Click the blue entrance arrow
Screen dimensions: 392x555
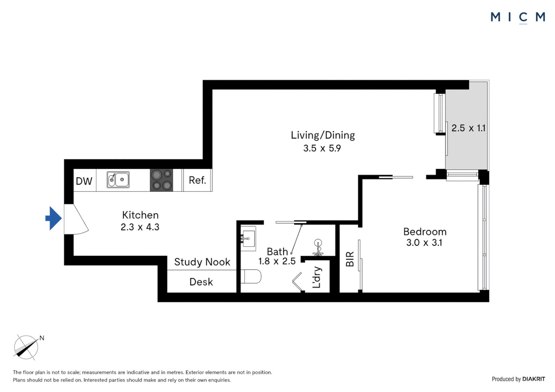[54, 218]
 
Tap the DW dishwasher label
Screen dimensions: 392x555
[84, 181]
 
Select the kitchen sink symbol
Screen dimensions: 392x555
[118, 180]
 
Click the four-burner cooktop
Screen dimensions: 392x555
[162, 180]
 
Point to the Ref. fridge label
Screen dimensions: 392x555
[197, 180]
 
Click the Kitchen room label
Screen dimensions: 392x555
[140, 215]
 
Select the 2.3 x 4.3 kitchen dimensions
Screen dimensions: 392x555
[140, 227]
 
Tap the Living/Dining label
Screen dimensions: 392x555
[323, 135]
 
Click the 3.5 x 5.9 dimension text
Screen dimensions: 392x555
[322, 148]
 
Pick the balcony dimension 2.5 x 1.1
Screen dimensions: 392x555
[468, 128]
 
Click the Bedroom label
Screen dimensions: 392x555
[425, 232]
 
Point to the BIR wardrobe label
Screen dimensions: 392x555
[350, 259]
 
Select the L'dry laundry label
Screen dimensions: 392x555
[317, 277]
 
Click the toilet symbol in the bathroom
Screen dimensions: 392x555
[252, 276]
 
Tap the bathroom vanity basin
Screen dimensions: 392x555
[248, 238]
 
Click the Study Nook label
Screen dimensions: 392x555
[202, 262]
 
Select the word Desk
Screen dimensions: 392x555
[201, 282]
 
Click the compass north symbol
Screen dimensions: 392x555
[26, 347]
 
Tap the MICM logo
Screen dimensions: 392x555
[518, 17]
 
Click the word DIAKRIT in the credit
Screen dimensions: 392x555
[534, 379]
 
